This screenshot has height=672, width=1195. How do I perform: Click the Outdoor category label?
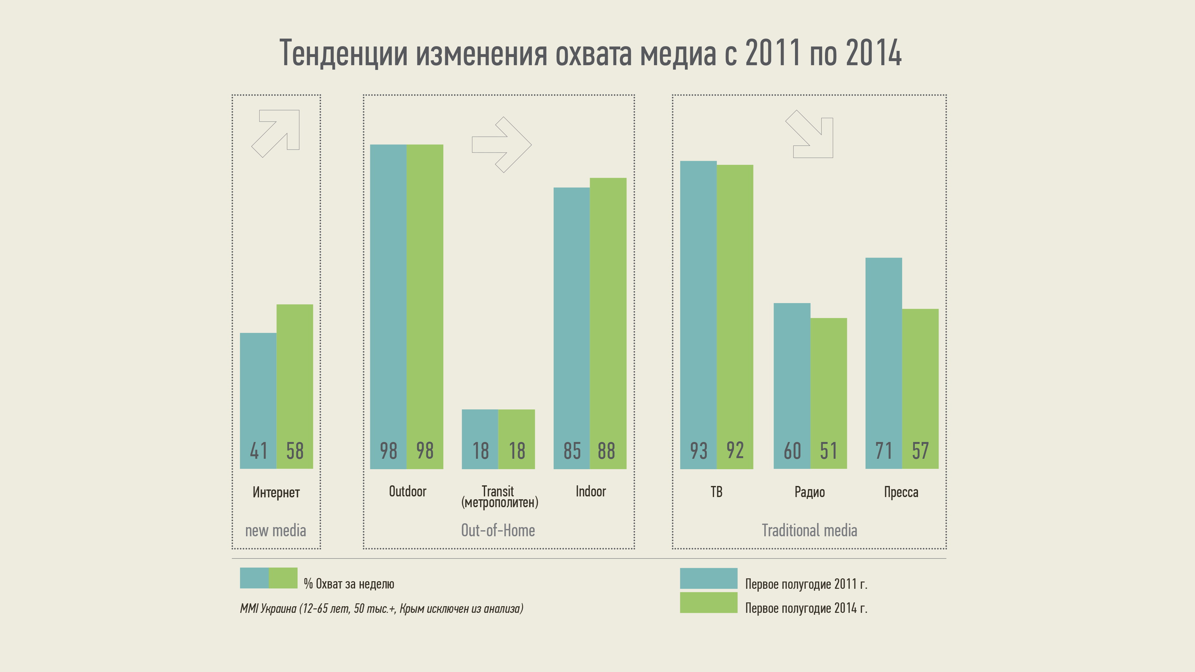point(407,491)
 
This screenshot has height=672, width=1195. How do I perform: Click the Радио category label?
point(810,492)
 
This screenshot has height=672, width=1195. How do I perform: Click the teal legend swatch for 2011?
point(708,578)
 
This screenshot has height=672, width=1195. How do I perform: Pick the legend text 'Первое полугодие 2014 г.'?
point(806,608)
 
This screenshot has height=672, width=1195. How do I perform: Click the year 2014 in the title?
point(873,53)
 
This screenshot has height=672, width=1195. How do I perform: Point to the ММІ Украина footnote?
point(381,608)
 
